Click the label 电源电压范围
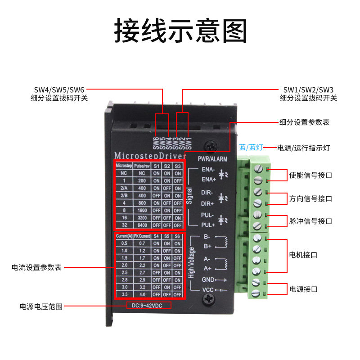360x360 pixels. pyautogui.click(x=40, y=306)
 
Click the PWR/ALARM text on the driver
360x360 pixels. pyautogui.click(x=212, y=159)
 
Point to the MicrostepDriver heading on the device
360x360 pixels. pyautogui.click(x=150, y=155)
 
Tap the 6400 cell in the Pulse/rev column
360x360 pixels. pyautogui.click(x=141, y=225)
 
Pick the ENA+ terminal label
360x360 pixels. pyautogui.click(x=209, y=179)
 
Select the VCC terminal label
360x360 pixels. pyautogui.click(x=207, y=290)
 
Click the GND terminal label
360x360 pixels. pyautogui.click(x=207, y=279)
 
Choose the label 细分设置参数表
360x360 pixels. pyautogui.click(x=304, y=122)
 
